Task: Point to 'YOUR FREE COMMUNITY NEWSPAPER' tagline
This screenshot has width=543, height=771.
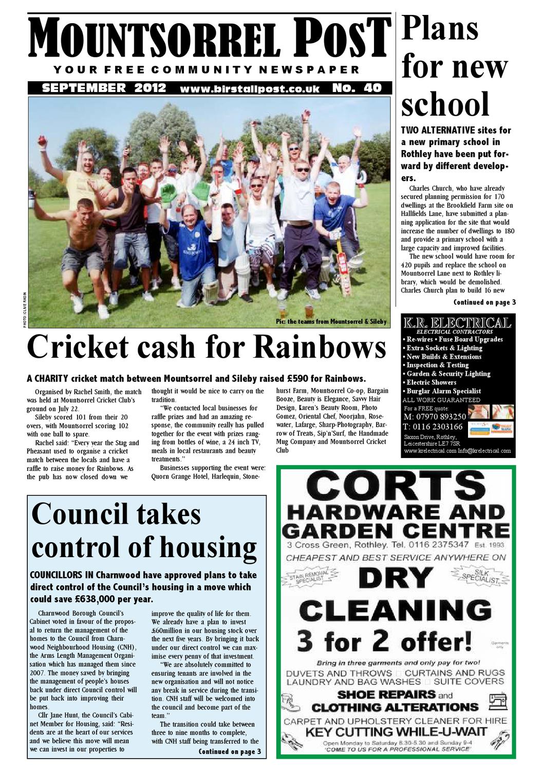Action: click(207, 70)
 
